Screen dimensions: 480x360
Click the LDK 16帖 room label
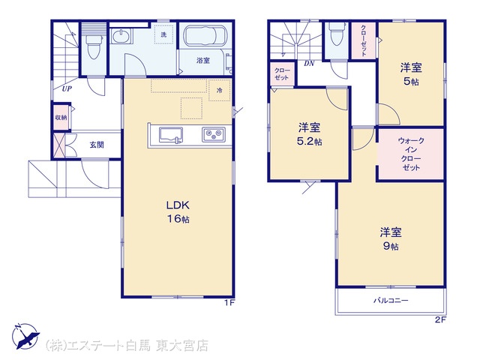pos(178,211)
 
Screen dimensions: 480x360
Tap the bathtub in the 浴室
pos(205,36)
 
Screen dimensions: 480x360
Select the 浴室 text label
pos(203,61)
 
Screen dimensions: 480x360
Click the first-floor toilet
pos(93,46)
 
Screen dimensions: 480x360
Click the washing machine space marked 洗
pos(163,34)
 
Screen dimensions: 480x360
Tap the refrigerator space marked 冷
pos(220,90)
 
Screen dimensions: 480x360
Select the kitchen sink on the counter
pos(170,135)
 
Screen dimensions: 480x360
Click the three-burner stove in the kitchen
pos(213,134)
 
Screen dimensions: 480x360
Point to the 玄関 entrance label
pos(97,145)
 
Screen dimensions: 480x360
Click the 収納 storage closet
pos(61,117)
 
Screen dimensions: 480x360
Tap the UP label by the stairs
pos(67,88)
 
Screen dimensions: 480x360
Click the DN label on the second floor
pos(309,64)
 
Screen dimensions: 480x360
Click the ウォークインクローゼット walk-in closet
pos(411,154)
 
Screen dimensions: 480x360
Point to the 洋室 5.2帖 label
pos(309,134)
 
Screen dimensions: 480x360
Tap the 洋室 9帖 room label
pos(391,239)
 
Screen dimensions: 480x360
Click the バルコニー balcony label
pos(391,300)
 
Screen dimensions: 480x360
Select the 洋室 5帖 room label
pos(411,74)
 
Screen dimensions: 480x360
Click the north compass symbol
pos(25,336)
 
